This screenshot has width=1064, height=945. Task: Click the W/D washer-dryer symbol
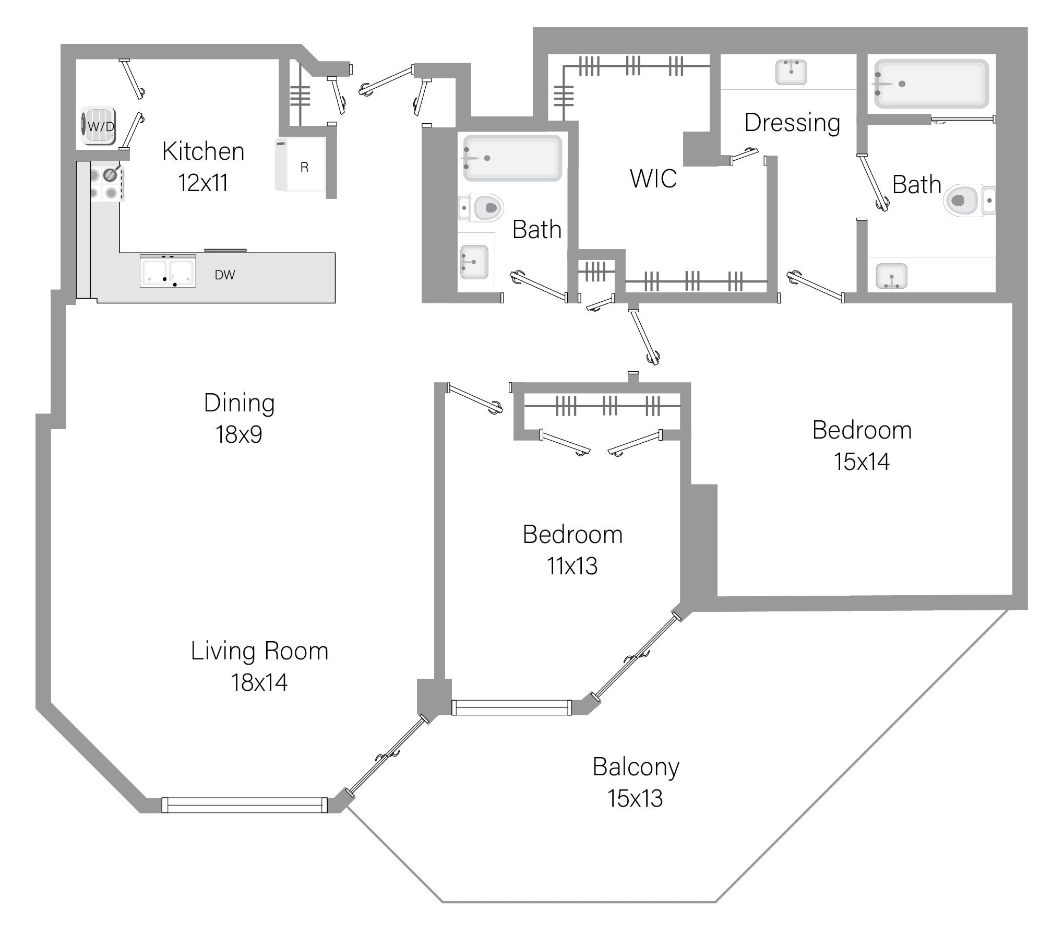pyautogui.click(x=98, y=126)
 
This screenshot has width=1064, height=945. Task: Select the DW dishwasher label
pyautogui.click(x=225, y=275)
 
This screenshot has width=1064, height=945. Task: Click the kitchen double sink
pyautogui.click(x=168, y=271)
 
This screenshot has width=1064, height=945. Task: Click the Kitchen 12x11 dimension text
pyautogui.click(x=203, y=183)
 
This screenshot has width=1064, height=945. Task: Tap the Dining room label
pyautogui.click(x=239, y=403)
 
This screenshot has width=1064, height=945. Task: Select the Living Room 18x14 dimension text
pyautogui.click(x=259, y=682)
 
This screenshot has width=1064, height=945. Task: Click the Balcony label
pyautogui.click(x=636, y=767)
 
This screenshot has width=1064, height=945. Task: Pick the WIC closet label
pyautogui.click(x=653, y=179)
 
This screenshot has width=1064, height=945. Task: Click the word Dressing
pyautogui.click(x=792, y=123)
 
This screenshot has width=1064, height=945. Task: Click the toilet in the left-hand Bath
pyautogui.click(x=482, y=208)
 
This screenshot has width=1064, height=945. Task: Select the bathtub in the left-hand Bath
pyautogui.click(x=512, y=158)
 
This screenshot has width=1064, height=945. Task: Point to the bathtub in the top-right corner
pyautogui.click(x=931, y=84)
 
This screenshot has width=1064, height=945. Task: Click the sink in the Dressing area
pyautogui.click(x=791, y=72)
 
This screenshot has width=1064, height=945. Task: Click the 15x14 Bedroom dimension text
pyautogui.click(x=862, y=462)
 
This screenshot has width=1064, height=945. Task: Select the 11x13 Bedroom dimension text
pyautogui.click(x=572, y=566)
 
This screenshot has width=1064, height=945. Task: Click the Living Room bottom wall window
pyautogui.click(x=244, y=805)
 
